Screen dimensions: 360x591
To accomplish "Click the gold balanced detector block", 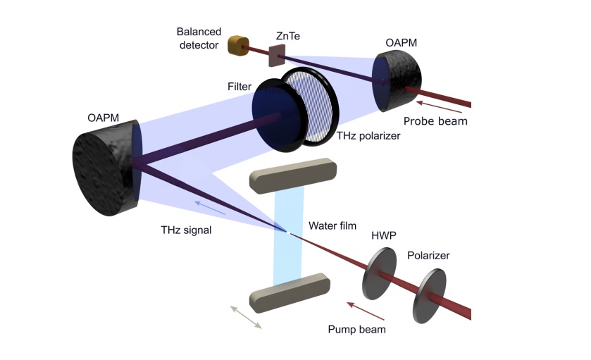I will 235,46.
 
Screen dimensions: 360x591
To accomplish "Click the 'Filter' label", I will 239,87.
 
